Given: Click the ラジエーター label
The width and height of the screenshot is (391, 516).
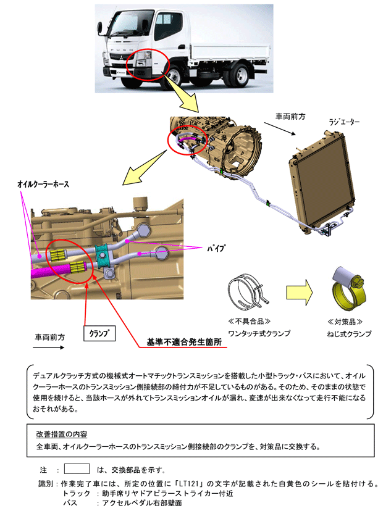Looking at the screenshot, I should point(343,123).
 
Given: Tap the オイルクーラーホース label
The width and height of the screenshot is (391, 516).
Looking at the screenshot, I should point(43,185).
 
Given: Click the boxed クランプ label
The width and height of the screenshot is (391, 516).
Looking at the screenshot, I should point(99,332).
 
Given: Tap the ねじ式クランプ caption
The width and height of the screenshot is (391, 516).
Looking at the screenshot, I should point(349,334).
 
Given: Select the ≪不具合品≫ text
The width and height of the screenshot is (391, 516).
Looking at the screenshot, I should point(248,322).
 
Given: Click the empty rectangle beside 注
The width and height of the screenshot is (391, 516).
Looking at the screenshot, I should point(77,468).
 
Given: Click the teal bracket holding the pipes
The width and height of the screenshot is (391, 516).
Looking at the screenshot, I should point(105,255).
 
